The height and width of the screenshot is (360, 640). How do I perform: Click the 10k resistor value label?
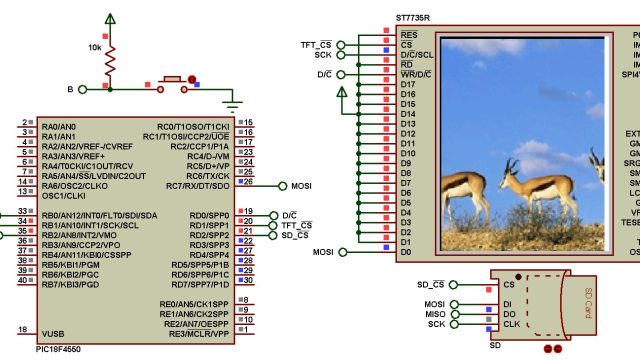[94, 47]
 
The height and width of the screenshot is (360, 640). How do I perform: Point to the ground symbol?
[234, 104]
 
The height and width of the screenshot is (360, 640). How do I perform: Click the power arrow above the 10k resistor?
[109, 19]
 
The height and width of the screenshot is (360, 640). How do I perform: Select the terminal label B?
[70, 90]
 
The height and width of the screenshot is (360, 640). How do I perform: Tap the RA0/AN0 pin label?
[59, 127]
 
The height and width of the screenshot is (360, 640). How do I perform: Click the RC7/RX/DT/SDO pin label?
[199, 186]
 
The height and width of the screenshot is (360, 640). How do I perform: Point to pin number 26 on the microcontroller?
[247, 183]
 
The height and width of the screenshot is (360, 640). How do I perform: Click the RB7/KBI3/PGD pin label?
[72, 284]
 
